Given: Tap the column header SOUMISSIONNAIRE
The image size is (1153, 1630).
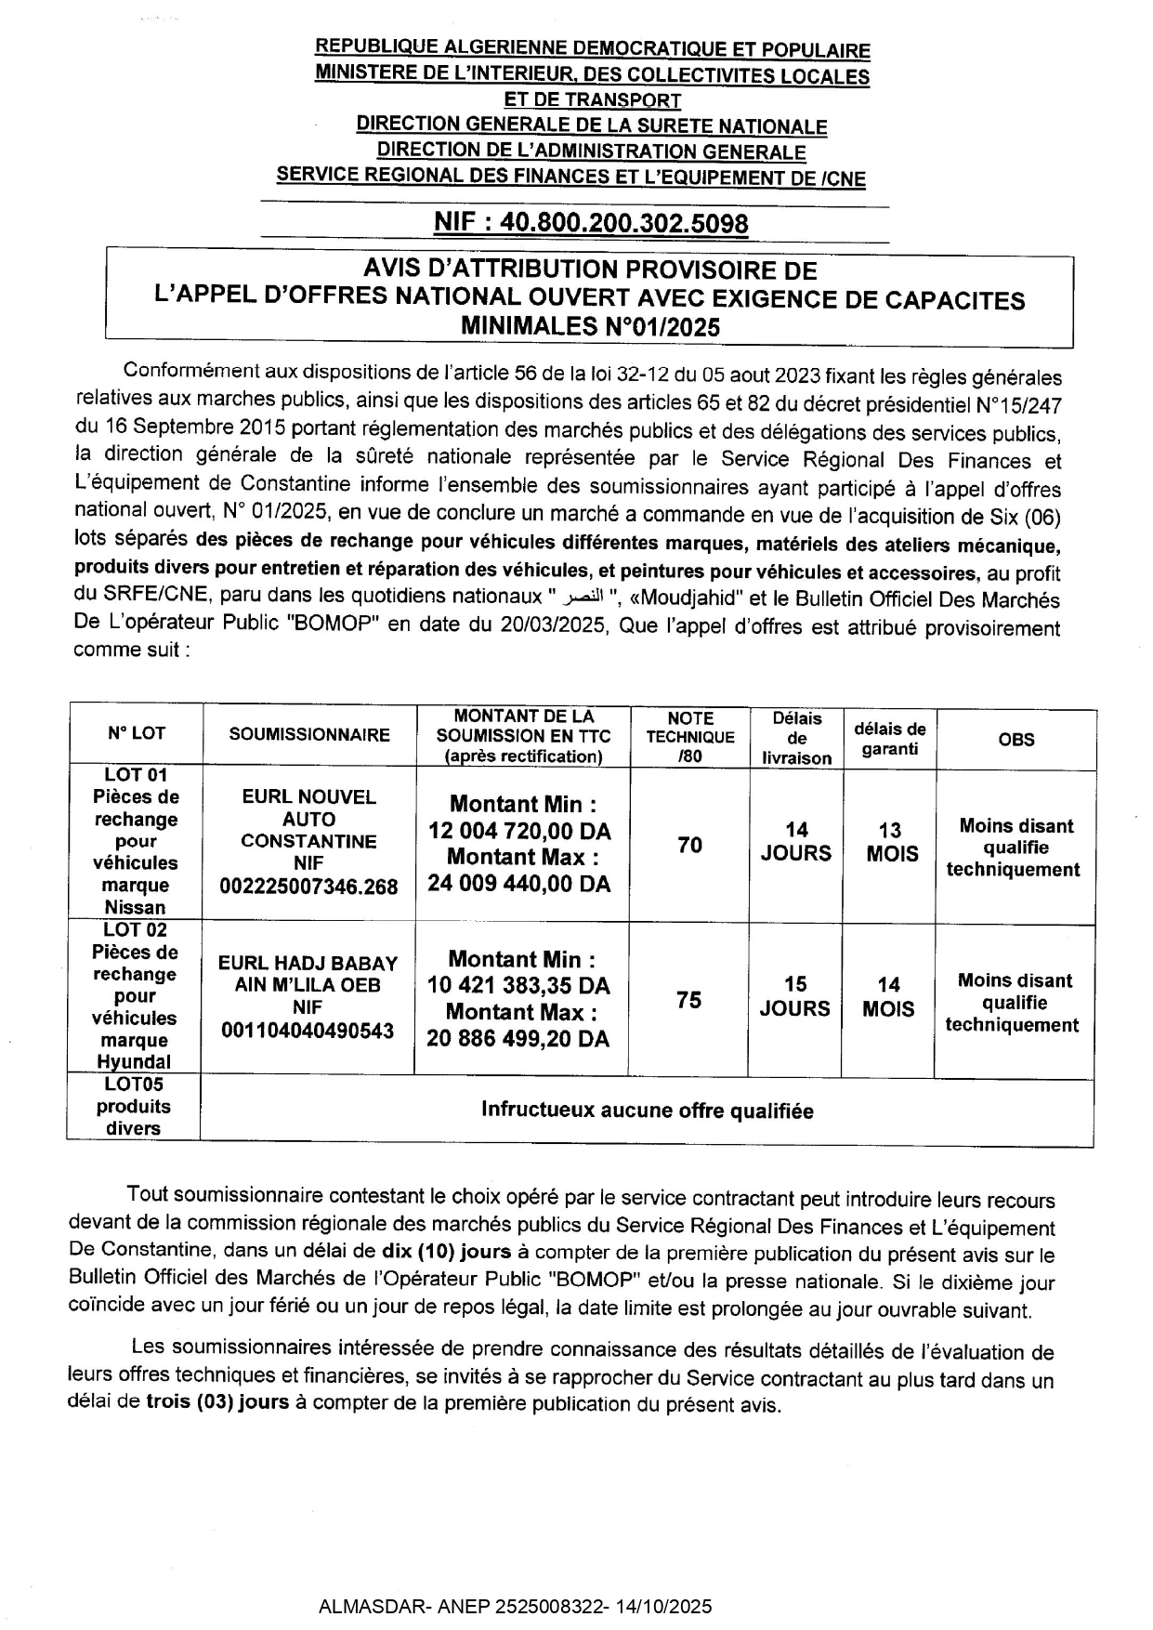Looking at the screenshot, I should tap(309, 735).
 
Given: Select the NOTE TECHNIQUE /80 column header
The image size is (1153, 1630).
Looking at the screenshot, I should tap(689, 736).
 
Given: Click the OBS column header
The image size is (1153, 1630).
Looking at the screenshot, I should tap(1015, 740).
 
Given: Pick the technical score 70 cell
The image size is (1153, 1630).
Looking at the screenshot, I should tap(689, 845).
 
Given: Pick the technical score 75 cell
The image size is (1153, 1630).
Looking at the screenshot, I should tap(688, 1000).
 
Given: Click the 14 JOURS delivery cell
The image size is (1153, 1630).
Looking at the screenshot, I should tap(795, 842).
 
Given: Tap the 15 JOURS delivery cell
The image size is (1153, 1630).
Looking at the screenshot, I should tap(794, 996).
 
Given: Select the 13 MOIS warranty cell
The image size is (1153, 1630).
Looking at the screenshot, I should tap(891, 842).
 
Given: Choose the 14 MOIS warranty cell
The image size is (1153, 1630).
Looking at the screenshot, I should tap(888, 996).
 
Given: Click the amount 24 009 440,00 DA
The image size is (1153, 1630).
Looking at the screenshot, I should tap(519, 883).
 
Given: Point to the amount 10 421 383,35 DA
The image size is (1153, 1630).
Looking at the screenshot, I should tap(518, 985).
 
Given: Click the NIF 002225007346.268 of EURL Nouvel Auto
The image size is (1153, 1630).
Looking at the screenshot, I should tap(308, 887).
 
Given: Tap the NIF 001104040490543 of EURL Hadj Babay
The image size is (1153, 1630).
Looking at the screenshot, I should tap(308, 1031).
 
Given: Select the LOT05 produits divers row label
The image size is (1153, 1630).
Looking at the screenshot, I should tap(133, 1106).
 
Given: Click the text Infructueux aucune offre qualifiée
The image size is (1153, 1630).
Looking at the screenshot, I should tap(647, 1111).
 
